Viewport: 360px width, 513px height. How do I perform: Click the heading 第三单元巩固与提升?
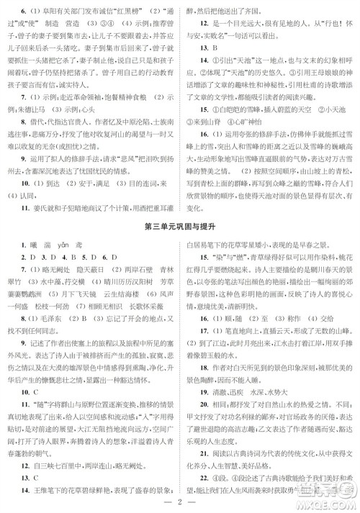180,229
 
